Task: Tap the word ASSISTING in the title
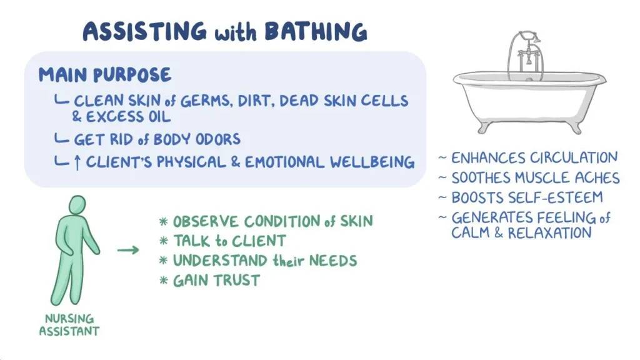point(144,31)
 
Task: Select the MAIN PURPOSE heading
point(104,75)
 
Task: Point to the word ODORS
point(213,139)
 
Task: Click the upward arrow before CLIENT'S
point(77,162)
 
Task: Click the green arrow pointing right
point(128,251)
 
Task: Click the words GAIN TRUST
point(216,280)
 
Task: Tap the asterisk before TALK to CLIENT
point(164,242)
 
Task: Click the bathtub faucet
point(526,53)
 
